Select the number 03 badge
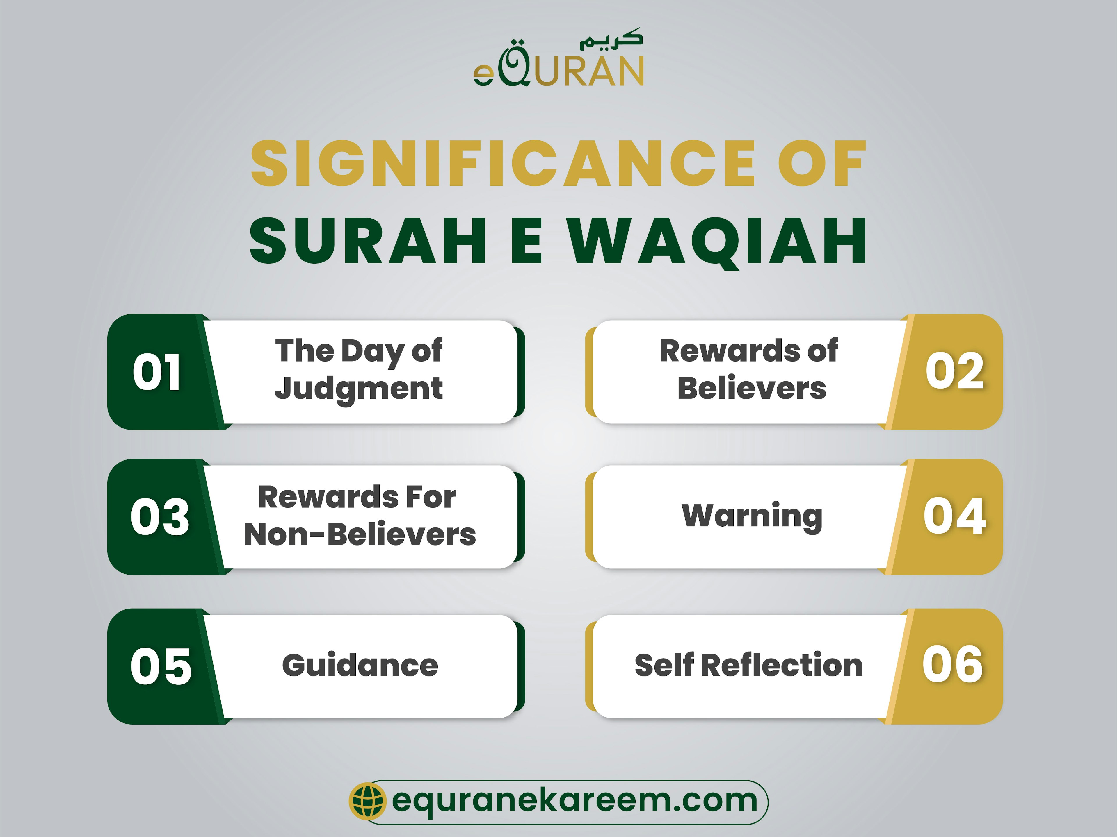(x=160, y=517)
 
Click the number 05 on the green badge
(x=161, y=666)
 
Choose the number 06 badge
(x=952, y=665)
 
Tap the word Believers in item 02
(x=751, y=389)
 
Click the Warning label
(x=751, y=516)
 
